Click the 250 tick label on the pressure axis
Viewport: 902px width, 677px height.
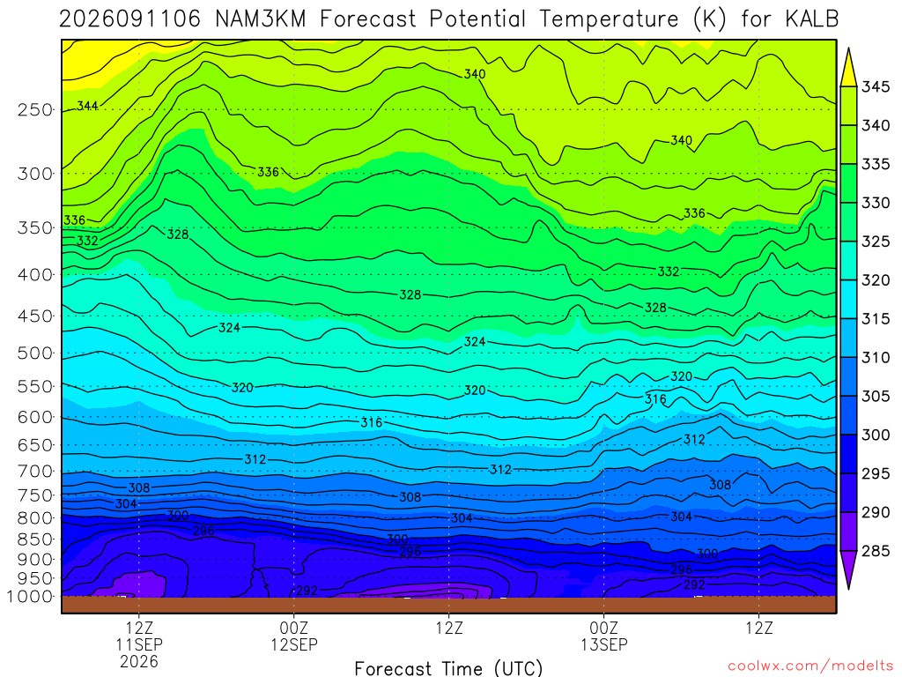pos(35,109)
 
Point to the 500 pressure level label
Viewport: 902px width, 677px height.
pos(35,353)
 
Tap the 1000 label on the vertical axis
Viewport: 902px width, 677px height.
pos(29,597)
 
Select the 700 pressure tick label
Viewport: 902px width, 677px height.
pos(35,472)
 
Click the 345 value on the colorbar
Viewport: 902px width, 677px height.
pos(876,87)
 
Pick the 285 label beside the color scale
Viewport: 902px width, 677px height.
pos(876,551)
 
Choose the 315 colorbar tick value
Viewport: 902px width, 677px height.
pos(876,319)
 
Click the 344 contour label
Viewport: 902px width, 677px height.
pos(87,106)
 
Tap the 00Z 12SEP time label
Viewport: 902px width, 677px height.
pos(294,636)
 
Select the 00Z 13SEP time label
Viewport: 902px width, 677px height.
pos(604,636)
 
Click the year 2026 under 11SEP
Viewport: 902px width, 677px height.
pos(139,661)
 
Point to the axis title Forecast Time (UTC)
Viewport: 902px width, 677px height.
pos(448,668)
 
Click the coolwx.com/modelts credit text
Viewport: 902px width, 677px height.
pos(810,666)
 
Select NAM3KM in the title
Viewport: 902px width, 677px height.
pos(260,19)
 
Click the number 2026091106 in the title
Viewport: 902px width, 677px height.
pos(130,19)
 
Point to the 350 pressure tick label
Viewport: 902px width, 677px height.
pos(35,228)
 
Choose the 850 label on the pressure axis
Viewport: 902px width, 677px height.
pos(35,539)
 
